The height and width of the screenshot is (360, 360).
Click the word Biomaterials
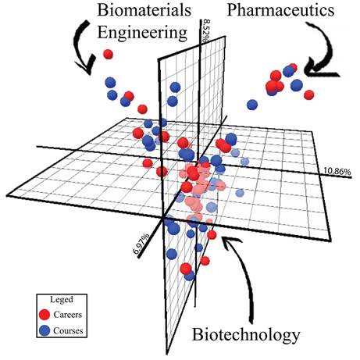click(144, 10)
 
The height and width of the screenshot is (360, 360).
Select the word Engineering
click(142, 33)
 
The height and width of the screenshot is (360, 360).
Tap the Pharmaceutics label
click(280, 10)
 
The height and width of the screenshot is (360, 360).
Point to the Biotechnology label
click(246, 335)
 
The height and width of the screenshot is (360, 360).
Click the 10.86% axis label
click(337, 171)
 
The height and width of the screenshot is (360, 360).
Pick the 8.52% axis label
click(206, 30)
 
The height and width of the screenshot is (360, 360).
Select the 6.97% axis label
click(141, 244)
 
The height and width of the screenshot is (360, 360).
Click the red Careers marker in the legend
click(45, 315)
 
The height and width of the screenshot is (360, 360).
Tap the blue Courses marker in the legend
click(45, 330)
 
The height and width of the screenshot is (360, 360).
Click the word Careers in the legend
click(68, 315)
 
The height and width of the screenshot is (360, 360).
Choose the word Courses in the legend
click(68, 330)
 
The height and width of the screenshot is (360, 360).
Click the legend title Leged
click(62, 300)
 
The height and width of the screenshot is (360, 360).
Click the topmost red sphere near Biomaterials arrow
click(108, 55)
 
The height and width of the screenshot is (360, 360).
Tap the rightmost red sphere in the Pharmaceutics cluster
click(308, 94)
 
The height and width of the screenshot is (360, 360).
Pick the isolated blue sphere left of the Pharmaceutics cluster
click(252, 105)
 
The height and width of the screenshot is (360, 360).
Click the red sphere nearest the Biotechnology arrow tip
click(212, 235)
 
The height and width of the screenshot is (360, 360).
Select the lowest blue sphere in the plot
click(190, 276)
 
